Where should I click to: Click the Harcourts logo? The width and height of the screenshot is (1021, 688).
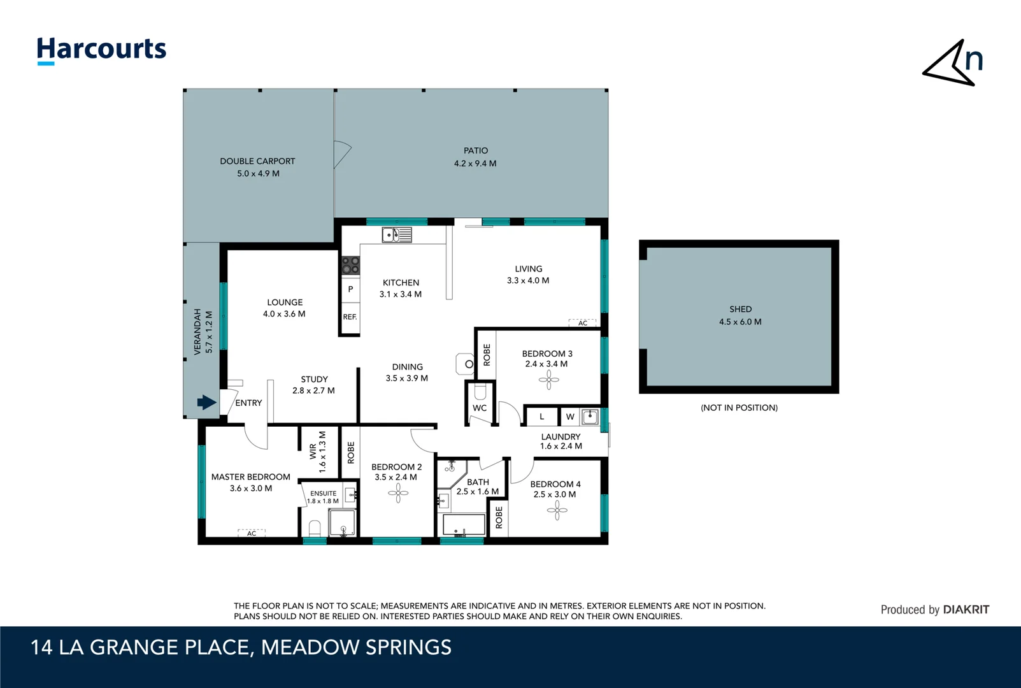102,50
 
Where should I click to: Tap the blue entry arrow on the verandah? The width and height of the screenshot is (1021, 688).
206,402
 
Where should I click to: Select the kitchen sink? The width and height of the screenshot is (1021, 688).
397,235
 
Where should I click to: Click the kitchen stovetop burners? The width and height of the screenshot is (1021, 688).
350,266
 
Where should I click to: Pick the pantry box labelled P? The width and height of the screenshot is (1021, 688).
350,289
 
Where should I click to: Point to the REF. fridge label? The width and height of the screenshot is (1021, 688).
350,317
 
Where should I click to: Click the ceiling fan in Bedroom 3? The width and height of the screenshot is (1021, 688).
549,379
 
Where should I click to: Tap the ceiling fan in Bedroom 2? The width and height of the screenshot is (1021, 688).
398,493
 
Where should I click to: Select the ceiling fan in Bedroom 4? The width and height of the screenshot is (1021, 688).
557,510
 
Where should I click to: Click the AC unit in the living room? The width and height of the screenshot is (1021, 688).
583,323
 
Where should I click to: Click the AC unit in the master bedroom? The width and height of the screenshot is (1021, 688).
252,533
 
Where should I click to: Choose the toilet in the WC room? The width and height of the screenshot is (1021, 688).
480,391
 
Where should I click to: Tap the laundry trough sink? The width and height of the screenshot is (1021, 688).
590,417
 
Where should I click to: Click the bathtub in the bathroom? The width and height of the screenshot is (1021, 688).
464,525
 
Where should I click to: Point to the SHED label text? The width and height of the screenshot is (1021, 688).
740,309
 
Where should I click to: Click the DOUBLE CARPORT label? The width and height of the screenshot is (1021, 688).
257,161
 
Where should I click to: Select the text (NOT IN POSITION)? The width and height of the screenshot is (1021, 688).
739,408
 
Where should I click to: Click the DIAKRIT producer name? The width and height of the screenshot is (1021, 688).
966,610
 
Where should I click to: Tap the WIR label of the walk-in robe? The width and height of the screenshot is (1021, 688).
313,452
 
